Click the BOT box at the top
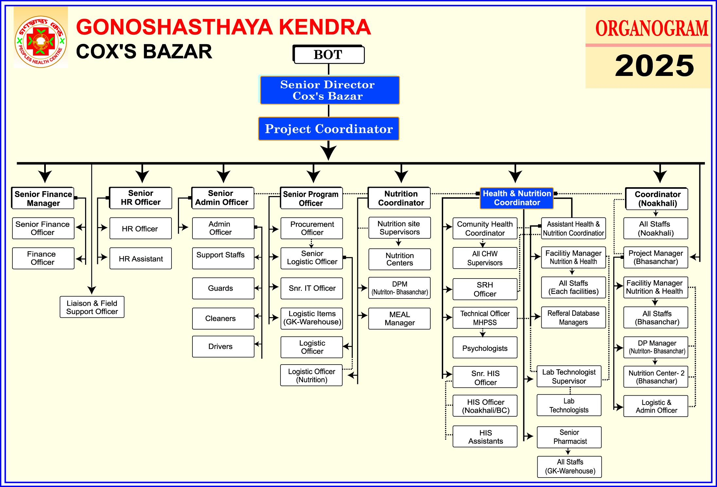[x=329, y=55]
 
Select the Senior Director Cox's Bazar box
[x=330, y=90]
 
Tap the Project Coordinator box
[x=329, y=129]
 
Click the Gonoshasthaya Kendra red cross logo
[x=41, y=42]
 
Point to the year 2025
[x=654, y=66]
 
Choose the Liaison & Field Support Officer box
[x=92, y=307]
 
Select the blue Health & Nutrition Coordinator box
[x=517, y=198]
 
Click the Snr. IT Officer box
[x=312, y=288]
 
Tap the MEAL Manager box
[x=399, y=319]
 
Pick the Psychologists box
[x=485, y=348]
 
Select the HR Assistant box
[x=141, y=259]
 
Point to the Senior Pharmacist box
[x=569, y=437]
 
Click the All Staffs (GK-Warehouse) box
[x=569, y=467]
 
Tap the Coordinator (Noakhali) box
[x=657, y=199]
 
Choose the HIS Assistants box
[x=485, y=437]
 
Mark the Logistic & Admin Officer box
[x=656, y=406]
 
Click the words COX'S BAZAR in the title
[x=144, y=52]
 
